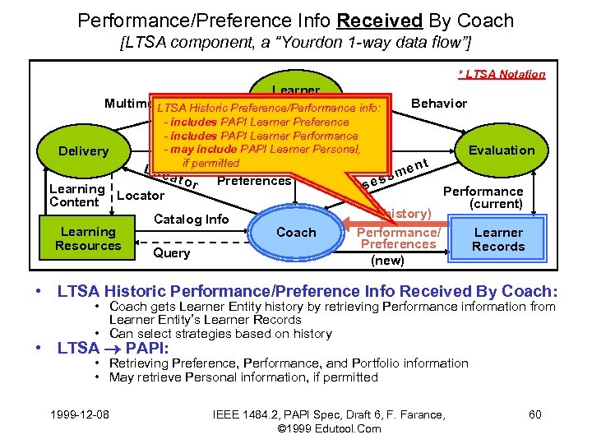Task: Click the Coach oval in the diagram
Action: (296, 232)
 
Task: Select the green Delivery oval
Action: (83, 151)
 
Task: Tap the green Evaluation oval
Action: (501, 150)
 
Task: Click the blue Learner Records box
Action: (498, 239)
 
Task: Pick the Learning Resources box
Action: (88, 238)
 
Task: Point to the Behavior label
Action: (439, 103)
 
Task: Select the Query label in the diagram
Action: (171, 252)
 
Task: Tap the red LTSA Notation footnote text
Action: (502, 74)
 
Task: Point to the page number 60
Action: (534, 414)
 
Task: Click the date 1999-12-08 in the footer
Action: (81, 414)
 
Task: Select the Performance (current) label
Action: (483, 197)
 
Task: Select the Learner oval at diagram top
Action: (295, 90)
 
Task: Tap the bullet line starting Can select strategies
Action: (220, 333)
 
